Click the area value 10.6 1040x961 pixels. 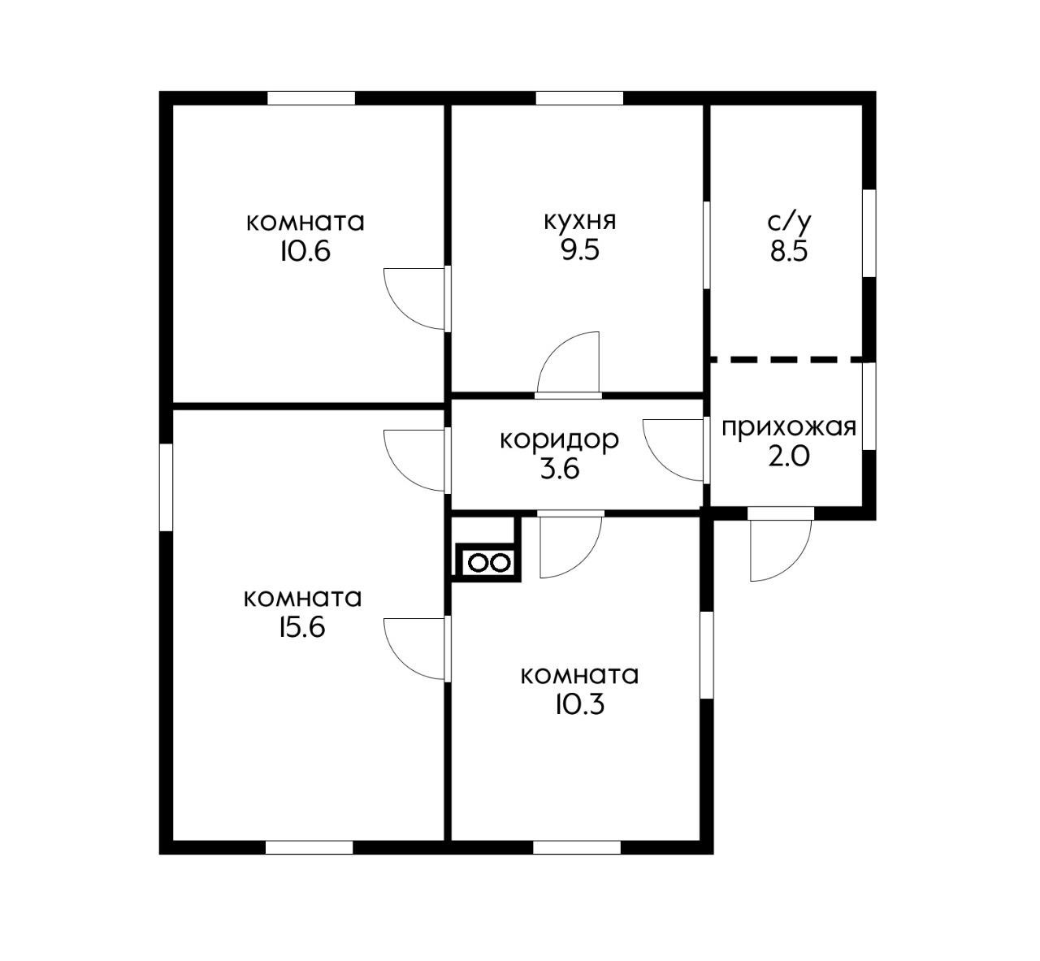coord(305,251)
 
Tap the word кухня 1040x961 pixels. coord(579,221)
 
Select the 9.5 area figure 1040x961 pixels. coord(579,249)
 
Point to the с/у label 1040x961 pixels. coord(789,222)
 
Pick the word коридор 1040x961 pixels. coord(559,440)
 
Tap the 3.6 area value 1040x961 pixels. coord(559,469)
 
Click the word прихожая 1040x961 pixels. coord(789,427)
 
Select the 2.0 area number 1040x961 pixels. coord(789,457)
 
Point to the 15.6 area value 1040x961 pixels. coord(301,627)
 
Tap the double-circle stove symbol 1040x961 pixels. coord(487,562)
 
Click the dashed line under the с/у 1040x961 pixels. coord(786,358)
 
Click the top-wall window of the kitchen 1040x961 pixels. coord(579,98)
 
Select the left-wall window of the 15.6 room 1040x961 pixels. coord(166,487)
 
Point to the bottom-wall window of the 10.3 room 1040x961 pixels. coord(577,847)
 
